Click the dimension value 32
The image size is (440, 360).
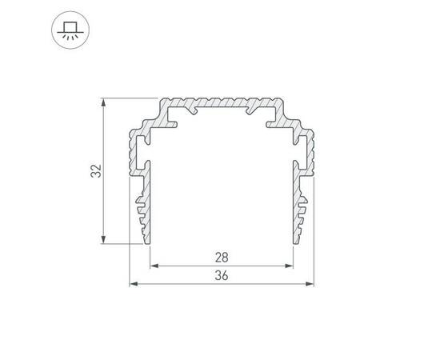96,171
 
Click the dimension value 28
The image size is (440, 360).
222,258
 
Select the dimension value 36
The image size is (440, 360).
222,275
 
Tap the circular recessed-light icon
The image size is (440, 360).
70,30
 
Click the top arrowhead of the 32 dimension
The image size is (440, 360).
103,102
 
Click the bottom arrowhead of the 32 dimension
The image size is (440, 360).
103,239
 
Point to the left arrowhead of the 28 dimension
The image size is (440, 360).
154,266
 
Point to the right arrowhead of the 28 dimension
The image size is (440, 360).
289,266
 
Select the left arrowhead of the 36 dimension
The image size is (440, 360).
134,284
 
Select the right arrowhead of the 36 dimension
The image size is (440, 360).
310,284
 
